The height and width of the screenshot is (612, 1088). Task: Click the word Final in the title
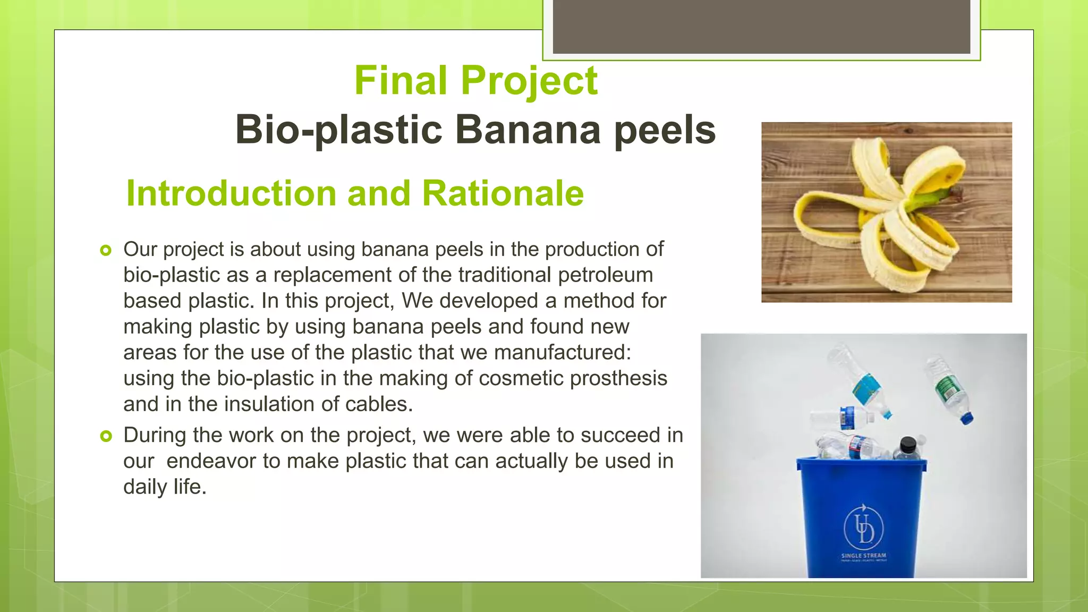point(401,81)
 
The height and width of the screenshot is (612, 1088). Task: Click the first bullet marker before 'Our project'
point(106,250)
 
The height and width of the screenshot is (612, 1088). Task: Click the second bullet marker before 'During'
point(106,436)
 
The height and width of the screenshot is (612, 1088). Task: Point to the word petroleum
point(605,275)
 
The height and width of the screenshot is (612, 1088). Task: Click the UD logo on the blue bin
point(863,528)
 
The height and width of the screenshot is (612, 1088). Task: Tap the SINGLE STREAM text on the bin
point(863,556)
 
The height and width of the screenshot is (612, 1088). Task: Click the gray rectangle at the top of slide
point(761,27)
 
